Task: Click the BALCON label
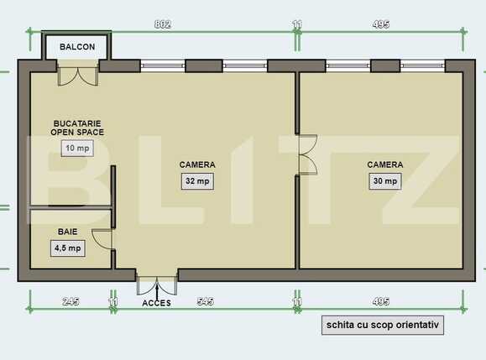pyautogui.click(x=77, y=47)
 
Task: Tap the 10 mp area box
pyautogui.click(x=76, y=149)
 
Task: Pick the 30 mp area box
pyautogui.click(x=385, y=180)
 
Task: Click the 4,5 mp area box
pyautogui.click(x=68, y=248)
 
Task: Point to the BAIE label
pyautogui.click(x=68, y=231)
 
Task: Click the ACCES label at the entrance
pyautogui.click(x=157, y=302)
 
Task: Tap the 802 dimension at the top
pyautogui.click(x=163, y=24)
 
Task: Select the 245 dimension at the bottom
pyautogui.click(x=71, y=300)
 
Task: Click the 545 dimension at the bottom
pyautogui.click(x=205, y=300)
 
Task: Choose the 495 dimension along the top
pyautogui.click(x=380, y=24)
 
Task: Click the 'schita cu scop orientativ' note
pyautogui.click(x=382, y=326)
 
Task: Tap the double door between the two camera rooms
pyautogui.click(x=306, y=154)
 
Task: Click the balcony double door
pyautogui.click(x=76, y=76)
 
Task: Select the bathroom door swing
pyautogui.click(x=102, y=239)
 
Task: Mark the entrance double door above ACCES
pyautogui.click(x=157, y=283)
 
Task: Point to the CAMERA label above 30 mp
pyautogui.click(x=385, y=164)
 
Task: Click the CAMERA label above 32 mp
pyautogui.click(x=197, y=164)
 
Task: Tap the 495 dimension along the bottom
pyautogui.click(x=380, y=300)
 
